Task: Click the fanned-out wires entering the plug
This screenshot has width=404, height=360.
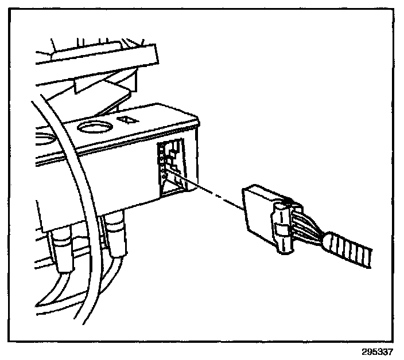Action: coord(307,224)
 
